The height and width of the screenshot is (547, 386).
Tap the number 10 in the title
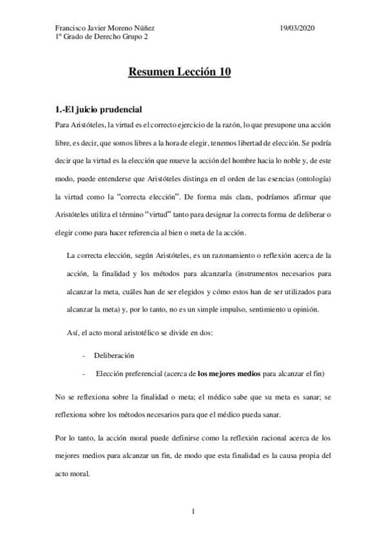[222, 73]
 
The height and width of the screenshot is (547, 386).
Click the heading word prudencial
[114, 109]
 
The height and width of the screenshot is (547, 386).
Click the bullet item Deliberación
[115, 355]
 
